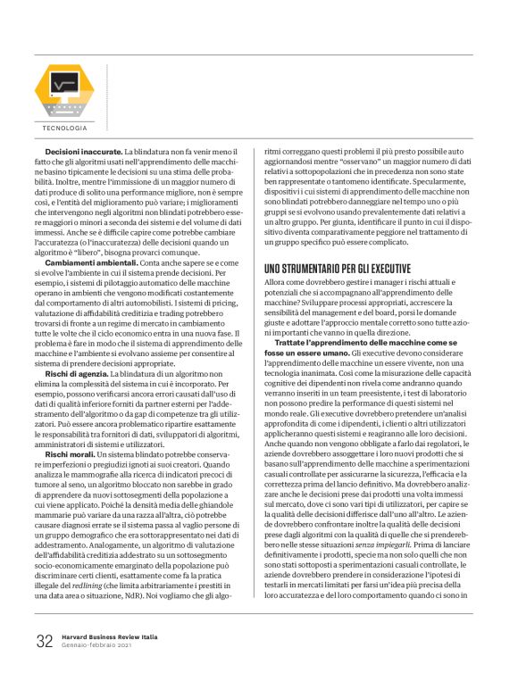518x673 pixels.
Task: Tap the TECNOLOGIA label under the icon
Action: point(64,129)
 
